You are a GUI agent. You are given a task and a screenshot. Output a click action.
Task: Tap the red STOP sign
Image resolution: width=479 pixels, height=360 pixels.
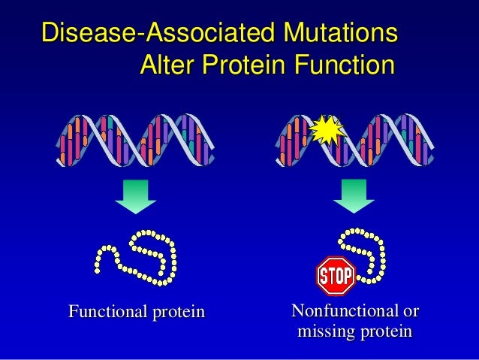pyautogui.click(x=335, y=277)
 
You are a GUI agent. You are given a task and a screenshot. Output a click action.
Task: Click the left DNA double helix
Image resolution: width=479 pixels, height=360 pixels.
pyautogui.click(x=135, y=141)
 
